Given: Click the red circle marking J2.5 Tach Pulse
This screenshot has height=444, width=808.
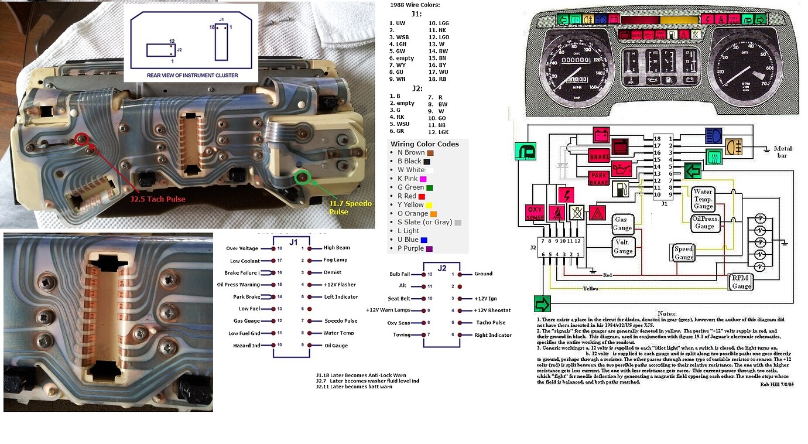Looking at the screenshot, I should click(x=81, y=139).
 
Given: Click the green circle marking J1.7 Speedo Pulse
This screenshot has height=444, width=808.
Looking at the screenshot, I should click(x=302, y=176).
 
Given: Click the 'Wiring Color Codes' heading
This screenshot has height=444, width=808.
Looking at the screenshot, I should click(x=424, y=144).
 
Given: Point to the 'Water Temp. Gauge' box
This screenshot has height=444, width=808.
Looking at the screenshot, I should click(x=703, y=199).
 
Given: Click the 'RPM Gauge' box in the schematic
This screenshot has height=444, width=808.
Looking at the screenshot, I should click(x=741, y=282).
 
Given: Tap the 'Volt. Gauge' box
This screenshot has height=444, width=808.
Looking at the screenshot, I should click(x=623, y=247).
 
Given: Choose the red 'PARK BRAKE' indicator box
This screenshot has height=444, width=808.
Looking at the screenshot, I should click(x=599, y=178).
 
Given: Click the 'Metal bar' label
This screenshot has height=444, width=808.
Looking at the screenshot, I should click(x=782, y=152).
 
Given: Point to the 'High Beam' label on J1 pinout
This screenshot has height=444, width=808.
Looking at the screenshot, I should click(x=337, y=248).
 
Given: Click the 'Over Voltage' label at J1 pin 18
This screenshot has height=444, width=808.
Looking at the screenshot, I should click(x=242, y=248).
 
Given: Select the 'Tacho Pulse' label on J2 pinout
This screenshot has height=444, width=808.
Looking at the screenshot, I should click(x=491, y=323).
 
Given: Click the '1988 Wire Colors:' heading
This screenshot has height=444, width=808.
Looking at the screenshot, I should click(x=414, y=5).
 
